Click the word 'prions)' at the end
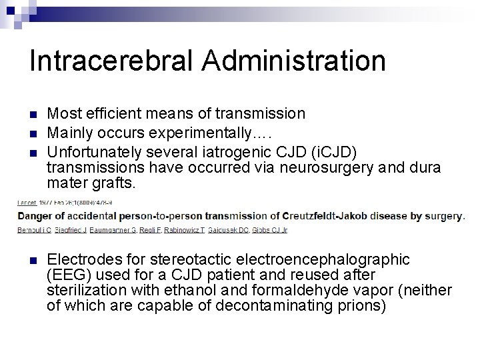(363, 306)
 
